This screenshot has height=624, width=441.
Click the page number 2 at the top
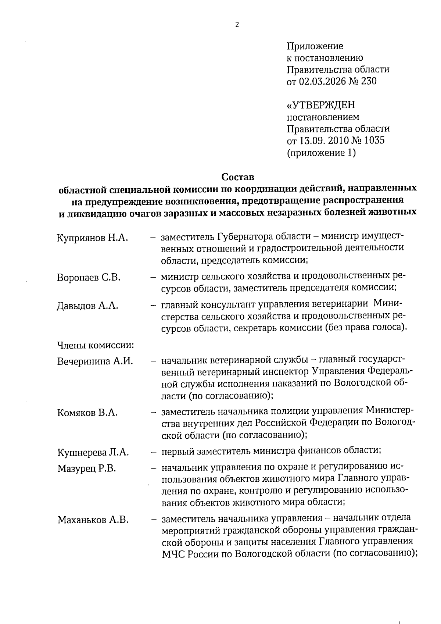point(237,25)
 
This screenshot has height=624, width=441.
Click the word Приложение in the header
point(315,46)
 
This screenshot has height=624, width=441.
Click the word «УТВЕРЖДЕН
point(321,106)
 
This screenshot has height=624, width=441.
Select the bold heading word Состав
point(238,177)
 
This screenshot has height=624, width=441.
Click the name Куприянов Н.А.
point(92,238)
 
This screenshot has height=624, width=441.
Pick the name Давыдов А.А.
point(87,306)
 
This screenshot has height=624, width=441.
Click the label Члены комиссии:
point(95,345)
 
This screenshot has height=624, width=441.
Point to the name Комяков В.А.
point(87,413)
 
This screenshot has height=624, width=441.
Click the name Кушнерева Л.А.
point(93,452)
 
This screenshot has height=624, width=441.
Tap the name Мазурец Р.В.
point(87,468)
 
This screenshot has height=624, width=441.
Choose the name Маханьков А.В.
point(93,520)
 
